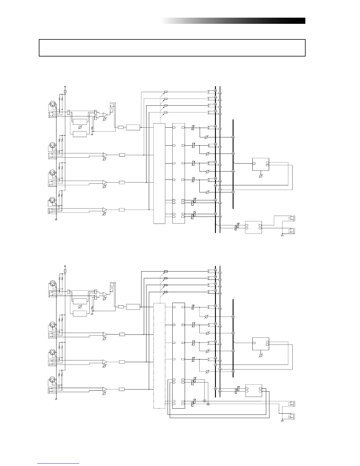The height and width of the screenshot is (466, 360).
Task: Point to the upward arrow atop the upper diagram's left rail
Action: tap(65, 86)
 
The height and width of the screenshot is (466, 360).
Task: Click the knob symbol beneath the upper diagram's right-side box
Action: tap(261, 176)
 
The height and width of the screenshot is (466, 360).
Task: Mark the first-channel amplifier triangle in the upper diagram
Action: tap(105, 115)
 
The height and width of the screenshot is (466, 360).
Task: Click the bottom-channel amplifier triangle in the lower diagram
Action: tap(105, 389)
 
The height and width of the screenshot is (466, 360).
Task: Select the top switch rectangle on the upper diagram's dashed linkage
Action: tap(166, 92)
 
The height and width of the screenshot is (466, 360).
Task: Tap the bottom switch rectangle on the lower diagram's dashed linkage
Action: tap(166, 292)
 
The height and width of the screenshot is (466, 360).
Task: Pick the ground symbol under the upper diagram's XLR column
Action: tap(56, 219)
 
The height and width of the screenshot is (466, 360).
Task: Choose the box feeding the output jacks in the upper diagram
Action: tap(253, 227)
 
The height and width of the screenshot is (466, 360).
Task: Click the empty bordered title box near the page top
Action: tap(172, 48)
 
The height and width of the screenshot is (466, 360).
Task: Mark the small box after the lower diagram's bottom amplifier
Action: tap(122, 389)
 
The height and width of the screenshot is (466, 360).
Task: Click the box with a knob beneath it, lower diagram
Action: tap(261, 344)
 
